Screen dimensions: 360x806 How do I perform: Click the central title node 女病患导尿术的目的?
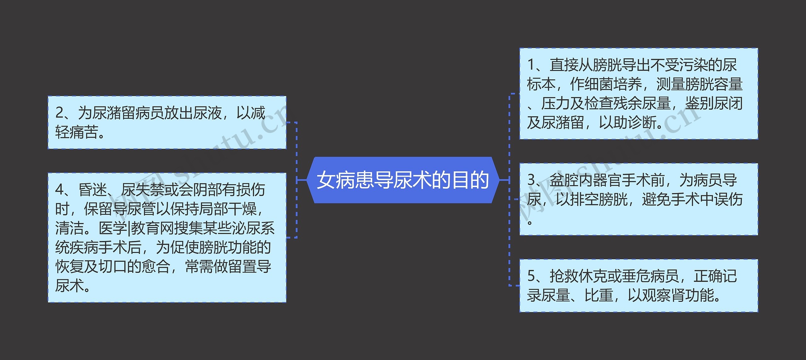tap(403, 180)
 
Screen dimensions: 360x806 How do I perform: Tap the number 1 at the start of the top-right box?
tap(531, 65)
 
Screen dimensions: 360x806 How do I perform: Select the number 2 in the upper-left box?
tap(59, 113)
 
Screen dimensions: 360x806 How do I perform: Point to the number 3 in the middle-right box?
tap(531, 180)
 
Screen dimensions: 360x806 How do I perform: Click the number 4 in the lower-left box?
tap(59, 190)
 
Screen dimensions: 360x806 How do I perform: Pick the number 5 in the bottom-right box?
tap(531, 276)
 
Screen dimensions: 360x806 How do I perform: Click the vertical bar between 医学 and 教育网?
tap(129, 228)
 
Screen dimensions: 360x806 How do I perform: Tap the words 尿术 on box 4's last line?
tap(69, 286)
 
